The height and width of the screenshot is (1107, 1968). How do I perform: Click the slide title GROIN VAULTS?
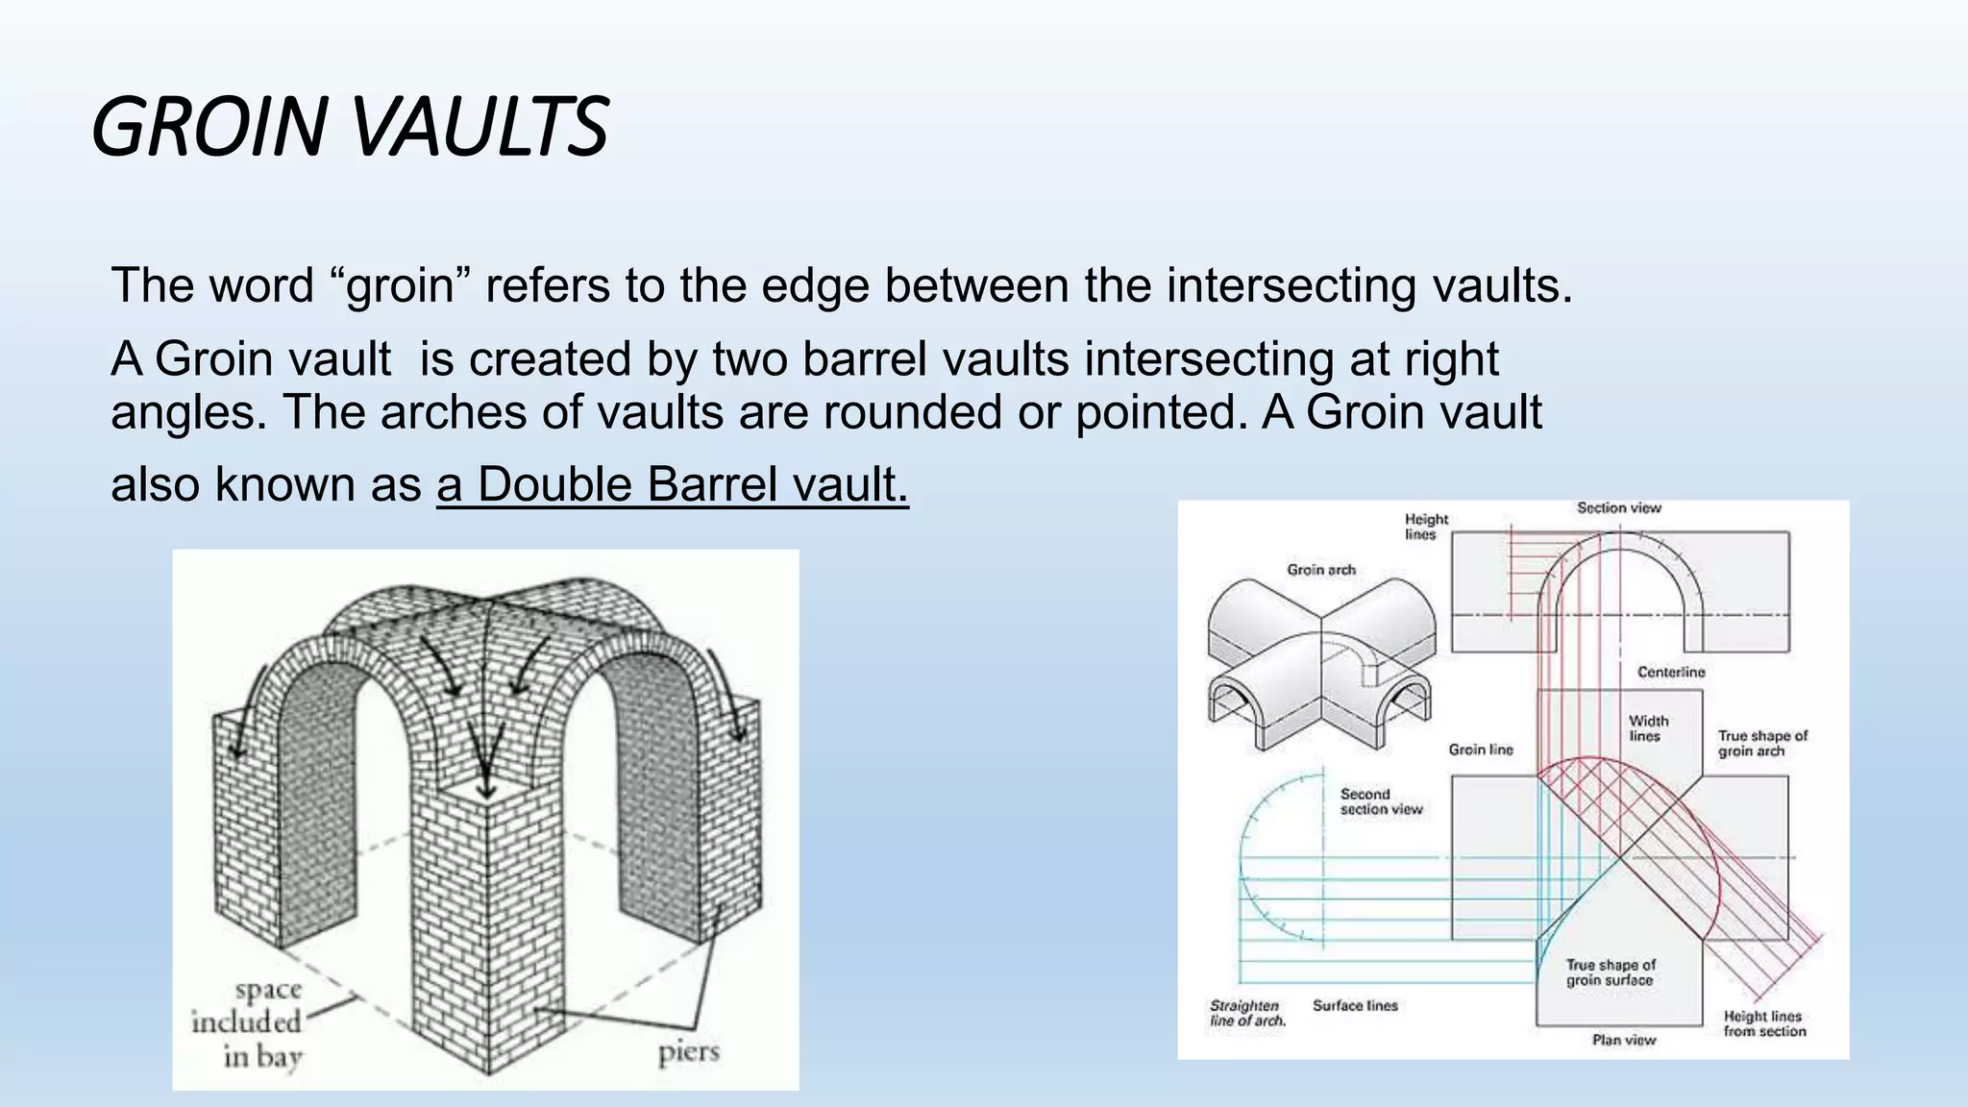[350, 127]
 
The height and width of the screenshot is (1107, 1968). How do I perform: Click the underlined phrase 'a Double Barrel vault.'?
[672, 484]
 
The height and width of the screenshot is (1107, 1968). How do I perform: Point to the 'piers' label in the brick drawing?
[689, 1052]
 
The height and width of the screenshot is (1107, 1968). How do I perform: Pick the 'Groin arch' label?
[1321, 570]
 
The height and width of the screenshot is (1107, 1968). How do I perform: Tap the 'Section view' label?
[1618, 508]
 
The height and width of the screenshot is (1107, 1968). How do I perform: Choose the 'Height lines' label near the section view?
[1425, 527]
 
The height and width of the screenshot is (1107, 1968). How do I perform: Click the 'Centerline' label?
[1671, 673]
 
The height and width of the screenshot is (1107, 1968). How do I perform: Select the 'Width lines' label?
[1648, 728]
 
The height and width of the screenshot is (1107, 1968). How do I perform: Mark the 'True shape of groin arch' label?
[1762, 743]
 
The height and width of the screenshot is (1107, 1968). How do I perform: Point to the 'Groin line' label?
[1481, 750]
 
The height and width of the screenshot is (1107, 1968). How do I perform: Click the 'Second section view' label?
[1381, 801]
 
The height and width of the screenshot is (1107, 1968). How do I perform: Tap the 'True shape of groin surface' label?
[1611, 972]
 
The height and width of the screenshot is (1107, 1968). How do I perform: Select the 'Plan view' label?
[1624, 1040]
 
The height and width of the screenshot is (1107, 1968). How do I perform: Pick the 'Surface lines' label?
[1355, 1005]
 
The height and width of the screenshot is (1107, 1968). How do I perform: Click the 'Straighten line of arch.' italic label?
[1246, 1013]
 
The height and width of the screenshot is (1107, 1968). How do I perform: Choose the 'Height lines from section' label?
[1764, 1023]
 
